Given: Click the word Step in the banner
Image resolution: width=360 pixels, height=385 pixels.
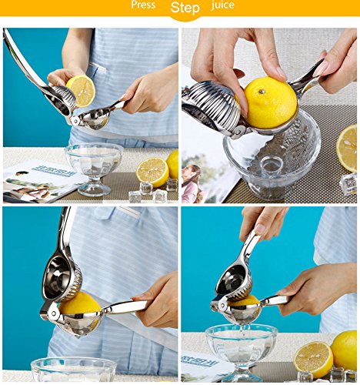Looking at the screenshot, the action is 185,8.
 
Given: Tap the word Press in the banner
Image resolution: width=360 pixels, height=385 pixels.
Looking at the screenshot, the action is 143,5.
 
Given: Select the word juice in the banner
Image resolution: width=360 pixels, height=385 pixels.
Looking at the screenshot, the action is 222,5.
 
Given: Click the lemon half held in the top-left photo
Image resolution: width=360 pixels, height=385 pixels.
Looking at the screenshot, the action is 81,91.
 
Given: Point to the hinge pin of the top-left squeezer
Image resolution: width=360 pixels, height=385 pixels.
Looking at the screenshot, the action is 75,122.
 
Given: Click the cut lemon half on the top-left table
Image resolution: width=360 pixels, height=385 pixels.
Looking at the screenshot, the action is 152,172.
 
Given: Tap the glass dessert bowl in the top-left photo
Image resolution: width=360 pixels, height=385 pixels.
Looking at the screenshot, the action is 94,168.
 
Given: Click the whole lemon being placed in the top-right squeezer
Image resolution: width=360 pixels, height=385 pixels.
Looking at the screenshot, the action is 270,102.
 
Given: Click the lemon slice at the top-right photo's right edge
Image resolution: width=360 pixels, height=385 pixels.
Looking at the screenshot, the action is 347,148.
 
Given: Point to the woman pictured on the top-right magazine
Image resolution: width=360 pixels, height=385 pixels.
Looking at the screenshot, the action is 192,182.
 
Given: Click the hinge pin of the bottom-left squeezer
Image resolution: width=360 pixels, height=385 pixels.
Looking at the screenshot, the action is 54,313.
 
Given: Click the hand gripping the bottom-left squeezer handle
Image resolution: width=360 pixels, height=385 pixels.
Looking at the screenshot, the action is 156,301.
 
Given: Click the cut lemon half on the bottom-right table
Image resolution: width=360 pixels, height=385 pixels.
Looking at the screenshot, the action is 313,360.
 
